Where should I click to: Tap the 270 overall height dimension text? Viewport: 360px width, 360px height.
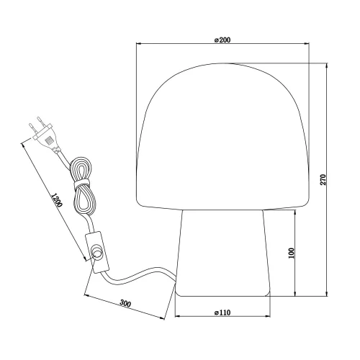(323, 180)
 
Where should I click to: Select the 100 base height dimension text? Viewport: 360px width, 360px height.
(292, 254)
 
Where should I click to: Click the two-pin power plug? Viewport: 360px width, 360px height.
(45, 136)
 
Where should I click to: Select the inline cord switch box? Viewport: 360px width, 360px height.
(95, 251)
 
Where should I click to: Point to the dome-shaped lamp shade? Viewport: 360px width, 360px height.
(223, 137)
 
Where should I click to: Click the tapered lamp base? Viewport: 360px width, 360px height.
(223, 252)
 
